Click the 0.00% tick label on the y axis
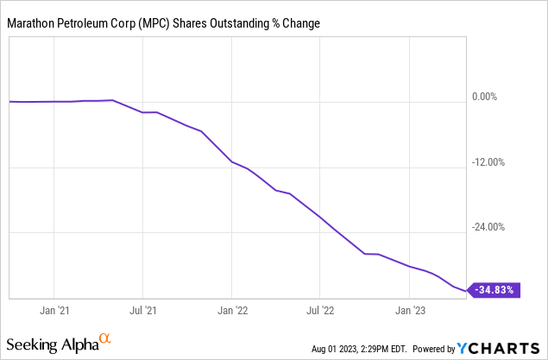pyautogui.click(x=496, y=97)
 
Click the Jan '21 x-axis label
pyautogui.click(x=54, y=309)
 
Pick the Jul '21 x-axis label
pyautogui.click(x=142, y=309)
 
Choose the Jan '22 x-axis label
pyautogui.click(x=232, y=309)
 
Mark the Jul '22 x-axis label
pyautogui.click(x=320, y=309)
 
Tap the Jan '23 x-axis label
pyautogui.click(x=409, y=309)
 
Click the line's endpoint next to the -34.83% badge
pyautogui.click(x=467, y=291)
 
